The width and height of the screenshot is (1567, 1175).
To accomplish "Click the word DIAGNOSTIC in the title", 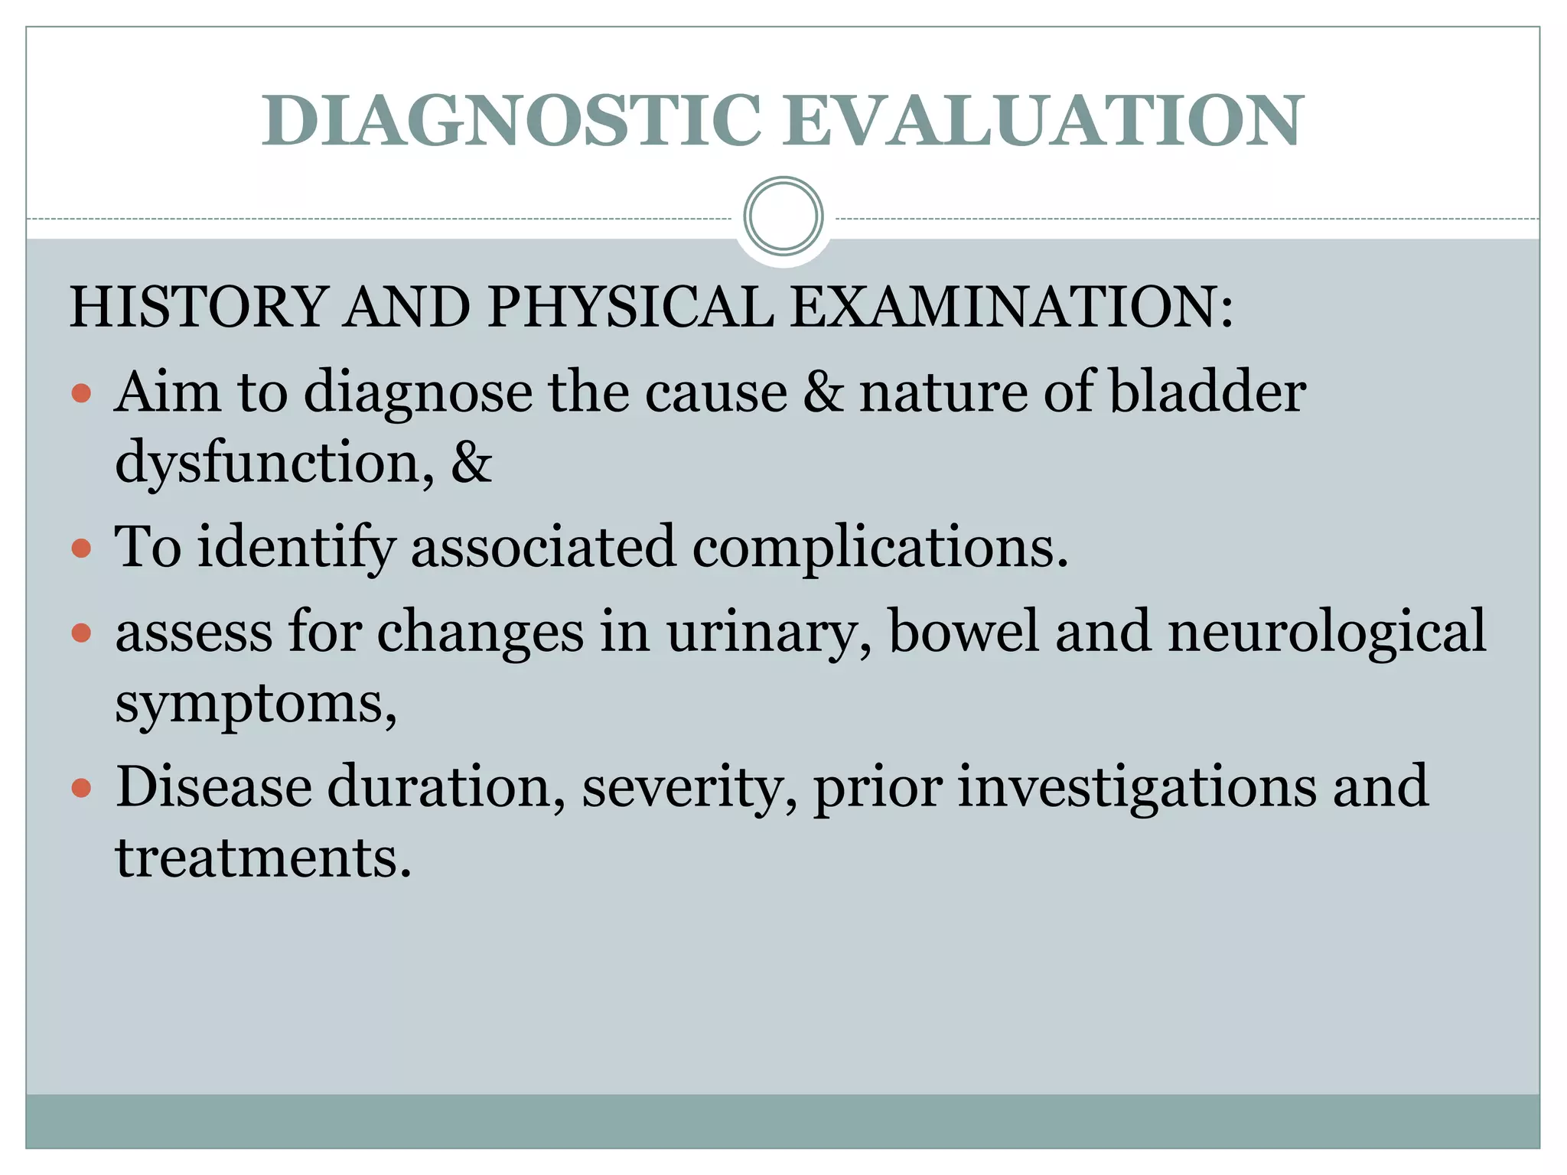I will [511, 121].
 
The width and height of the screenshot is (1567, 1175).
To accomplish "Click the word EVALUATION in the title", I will [1042, 121].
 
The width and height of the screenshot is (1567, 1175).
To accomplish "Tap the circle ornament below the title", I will [783, 216].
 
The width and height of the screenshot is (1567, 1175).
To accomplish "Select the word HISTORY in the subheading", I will [199, 307].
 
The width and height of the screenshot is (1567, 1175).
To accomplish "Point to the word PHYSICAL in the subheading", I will [630, 307].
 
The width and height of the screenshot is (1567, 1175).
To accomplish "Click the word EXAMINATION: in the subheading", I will [1012, 307].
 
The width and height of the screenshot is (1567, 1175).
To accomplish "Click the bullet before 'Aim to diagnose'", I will [81, 394].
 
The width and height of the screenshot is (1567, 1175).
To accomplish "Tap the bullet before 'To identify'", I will [81, 548].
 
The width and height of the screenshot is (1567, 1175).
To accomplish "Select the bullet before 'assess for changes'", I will [81, 633].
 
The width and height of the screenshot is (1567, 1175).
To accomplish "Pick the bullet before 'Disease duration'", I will [81, 788].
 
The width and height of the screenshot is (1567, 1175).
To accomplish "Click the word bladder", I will [1207, 392].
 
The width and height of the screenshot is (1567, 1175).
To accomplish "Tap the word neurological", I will [1327, 632].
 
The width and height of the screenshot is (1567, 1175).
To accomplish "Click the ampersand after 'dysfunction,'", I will [471, 462].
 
